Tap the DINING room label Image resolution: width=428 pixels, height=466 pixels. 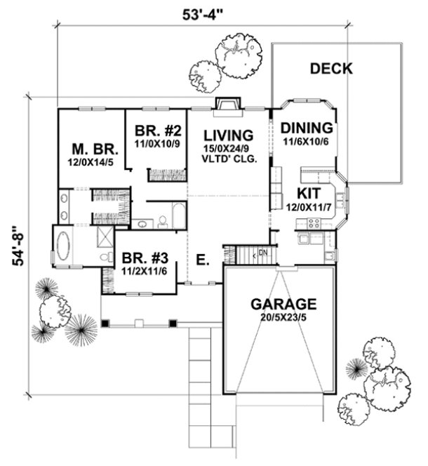click(x=306, y=128)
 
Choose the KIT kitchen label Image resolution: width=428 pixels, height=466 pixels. click(x=309, y=192)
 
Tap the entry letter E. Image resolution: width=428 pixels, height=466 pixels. click(x=201, y=260)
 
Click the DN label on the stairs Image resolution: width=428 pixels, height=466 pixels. click(x=263, y=252)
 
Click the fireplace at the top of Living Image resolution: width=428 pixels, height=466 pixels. click(x=226, y=105)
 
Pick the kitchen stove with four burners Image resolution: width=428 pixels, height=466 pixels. click(x=314, y=224)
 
